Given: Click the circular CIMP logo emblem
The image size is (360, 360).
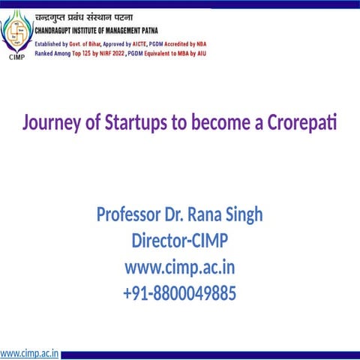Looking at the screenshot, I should (x=16, y=32).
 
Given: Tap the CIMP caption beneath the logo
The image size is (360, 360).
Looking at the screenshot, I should (x=16, y=55).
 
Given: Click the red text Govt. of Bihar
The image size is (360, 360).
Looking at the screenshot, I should (x=91, y=45).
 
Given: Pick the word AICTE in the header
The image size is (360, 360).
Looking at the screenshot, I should (x=154, y=45).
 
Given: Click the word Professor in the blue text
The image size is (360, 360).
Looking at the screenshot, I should (x=123, y=215).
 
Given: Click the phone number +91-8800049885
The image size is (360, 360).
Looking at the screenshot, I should (x=179, y=292).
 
